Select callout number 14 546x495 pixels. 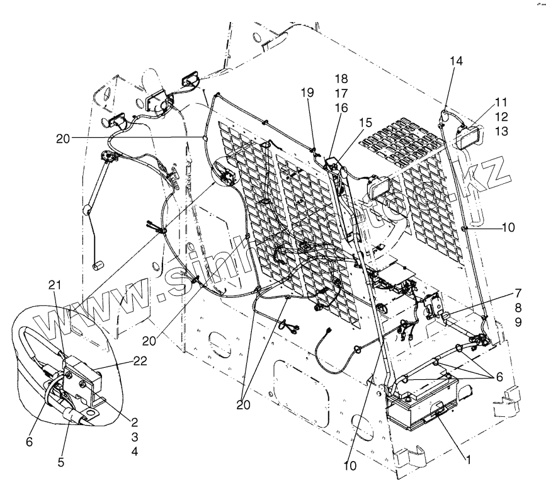456,61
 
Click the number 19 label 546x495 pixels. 307,92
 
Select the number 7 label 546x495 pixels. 518,293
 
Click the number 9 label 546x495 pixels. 518,321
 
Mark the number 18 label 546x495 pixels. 341,79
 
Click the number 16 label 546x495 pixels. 341,108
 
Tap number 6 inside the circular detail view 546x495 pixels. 29,442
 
